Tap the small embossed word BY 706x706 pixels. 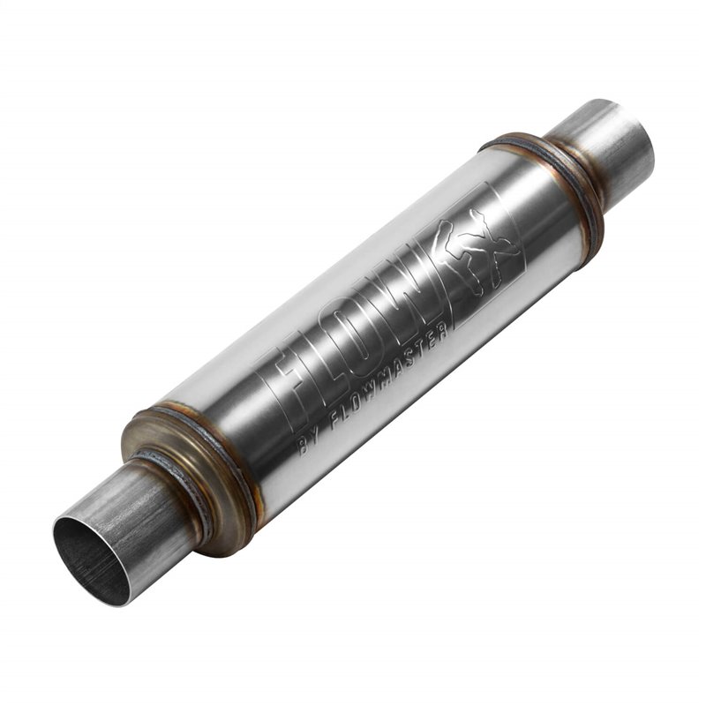click(x=311, y=441)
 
